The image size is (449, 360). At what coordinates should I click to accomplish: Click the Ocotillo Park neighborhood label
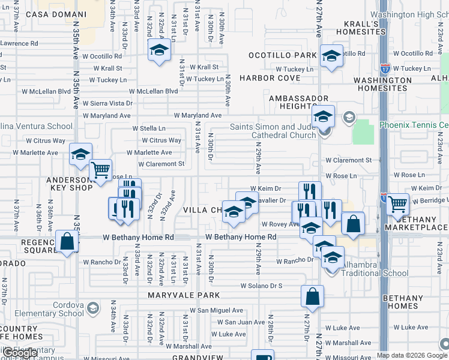pyautogui.click(x=283, y=55)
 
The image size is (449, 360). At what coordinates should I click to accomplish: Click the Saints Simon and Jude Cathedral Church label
pyautogui.click(x=273, y=131)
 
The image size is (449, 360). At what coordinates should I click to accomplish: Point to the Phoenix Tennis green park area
pyautogui.click(x=363, y=132)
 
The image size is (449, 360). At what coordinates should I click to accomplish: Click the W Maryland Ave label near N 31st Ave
pyautogui.click(x=198, y=115)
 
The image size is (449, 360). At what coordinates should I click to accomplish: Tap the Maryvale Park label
pyautogui.click(x=185, y=295)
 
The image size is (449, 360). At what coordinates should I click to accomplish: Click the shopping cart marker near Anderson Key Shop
pyautogui.click(x=100, y=169)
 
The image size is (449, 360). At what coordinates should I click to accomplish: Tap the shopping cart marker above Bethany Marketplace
pyautogui.click(x=397, y=203)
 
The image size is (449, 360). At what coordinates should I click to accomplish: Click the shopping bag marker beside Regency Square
pyautogui.click(x=67, y=241)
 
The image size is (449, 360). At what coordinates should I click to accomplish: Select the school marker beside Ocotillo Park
pyautogui.click(x=331, y=55)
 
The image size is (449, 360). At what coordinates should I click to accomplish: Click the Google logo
pyautogui.click(x=21, y=353)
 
